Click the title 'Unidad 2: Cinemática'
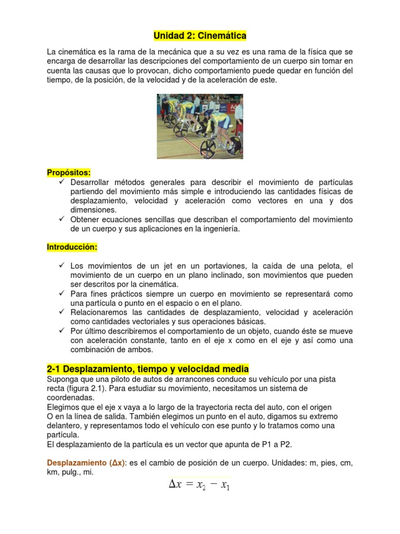[x=200, y=36]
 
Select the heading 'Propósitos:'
[x=69, y=173]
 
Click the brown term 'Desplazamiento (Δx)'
[x=86, y=463]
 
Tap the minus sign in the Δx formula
[x=213, y=484]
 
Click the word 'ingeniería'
[x=221, y=229]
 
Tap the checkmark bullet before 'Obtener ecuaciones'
[x=61, y=219]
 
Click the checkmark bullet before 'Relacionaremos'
[x=61, y=312]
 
